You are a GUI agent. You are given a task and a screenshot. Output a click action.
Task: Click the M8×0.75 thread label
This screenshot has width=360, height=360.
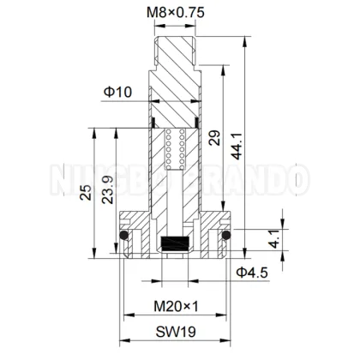(175, 12)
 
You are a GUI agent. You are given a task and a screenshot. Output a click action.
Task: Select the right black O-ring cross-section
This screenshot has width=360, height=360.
(228, 235)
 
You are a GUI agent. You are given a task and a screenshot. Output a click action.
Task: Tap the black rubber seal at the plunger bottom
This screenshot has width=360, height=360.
(176, 243)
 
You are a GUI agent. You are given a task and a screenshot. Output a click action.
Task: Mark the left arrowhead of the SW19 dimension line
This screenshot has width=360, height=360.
(121, 341)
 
